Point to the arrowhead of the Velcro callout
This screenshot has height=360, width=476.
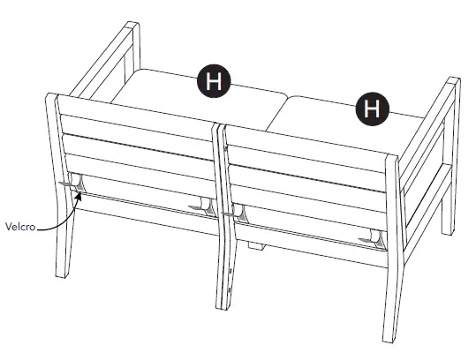(x=80, y=196)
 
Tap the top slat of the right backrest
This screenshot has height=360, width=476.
(x=305, y=141)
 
